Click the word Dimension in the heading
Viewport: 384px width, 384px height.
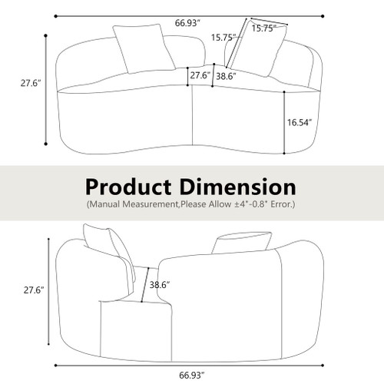240,187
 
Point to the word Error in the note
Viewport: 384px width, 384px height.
281,206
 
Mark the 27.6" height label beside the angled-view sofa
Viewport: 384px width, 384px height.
31,290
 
